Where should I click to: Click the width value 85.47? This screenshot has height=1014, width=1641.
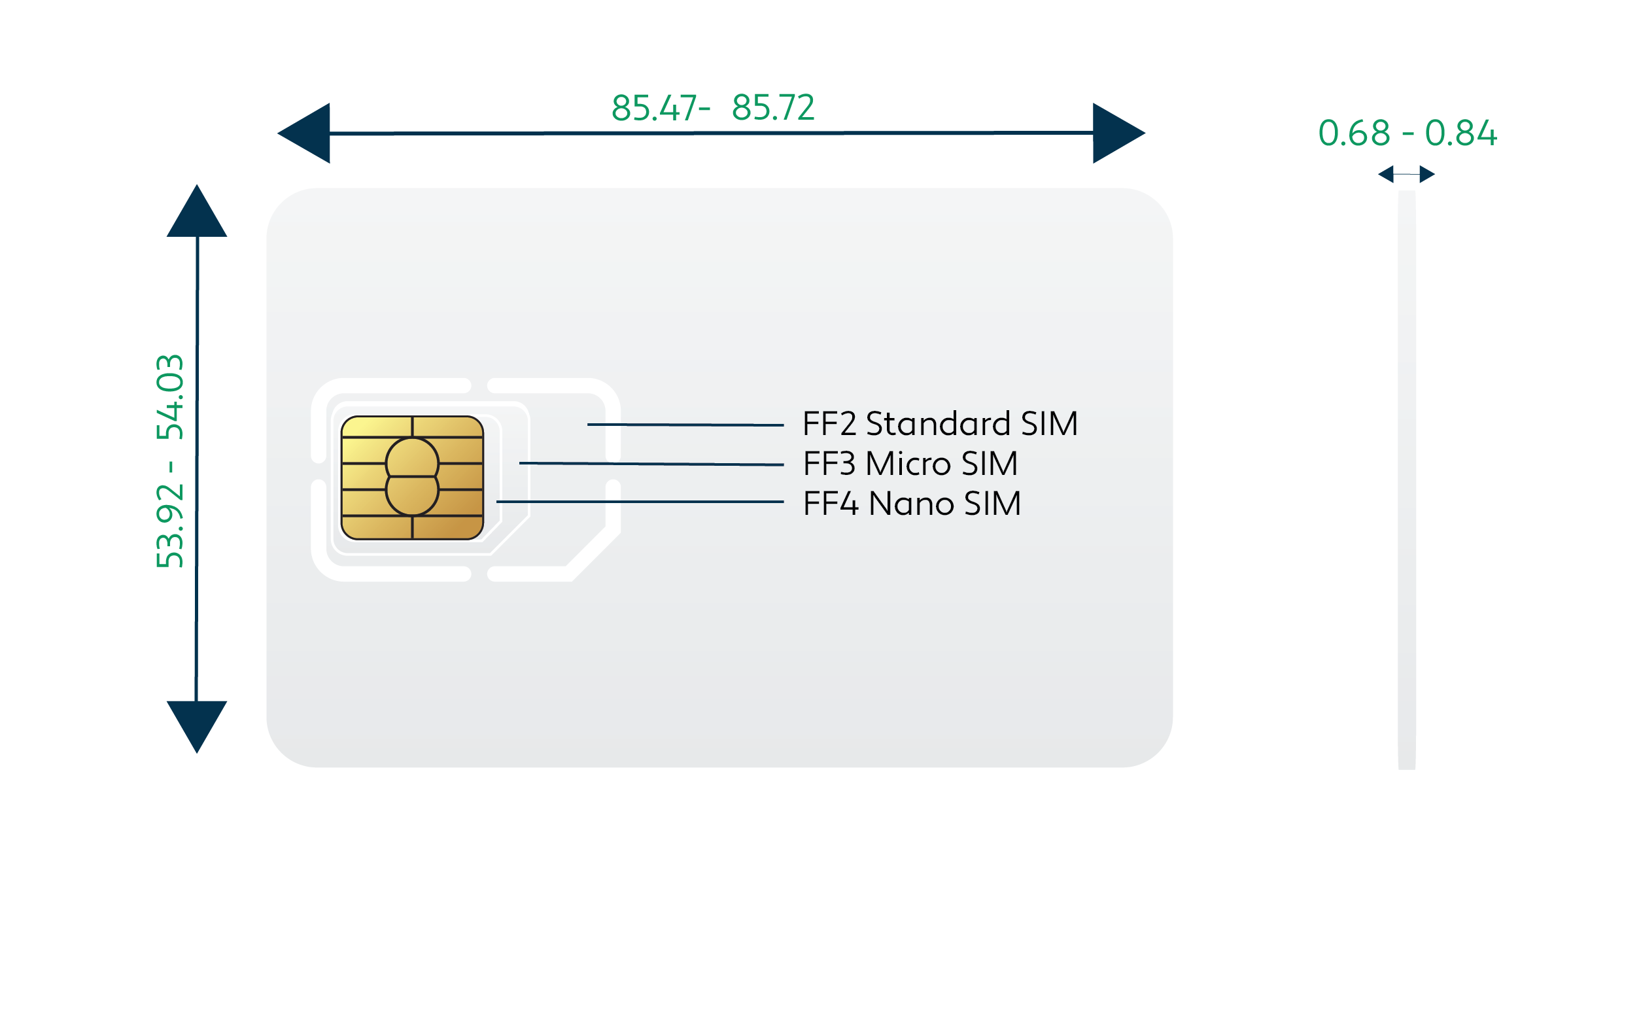click(653, 108)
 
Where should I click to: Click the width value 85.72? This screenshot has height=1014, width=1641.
click(773, 108)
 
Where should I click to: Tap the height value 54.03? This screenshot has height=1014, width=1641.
click(169, 397)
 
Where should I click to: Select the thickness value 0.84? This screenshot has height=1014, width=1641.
click(1460, 133)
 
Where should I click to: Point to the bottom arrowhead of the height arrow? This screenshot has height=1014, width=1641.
click(196, 724)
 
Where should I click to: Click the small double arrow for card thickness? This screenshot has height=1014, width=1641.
click(1406, 175)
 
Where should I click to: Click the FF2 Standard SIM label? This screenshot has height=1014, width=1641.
click(940, 424)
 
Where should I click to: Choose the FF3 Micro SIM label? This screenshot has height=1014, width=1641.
click(910, 464)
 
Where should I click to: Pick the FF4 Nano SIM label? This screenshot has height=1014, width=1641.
click(912, 504)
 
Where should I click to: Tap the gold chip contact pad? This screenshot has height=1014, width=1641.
click(412, 478)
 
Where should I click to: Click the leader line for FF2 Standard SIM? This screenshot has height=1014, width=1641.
click(685, 425)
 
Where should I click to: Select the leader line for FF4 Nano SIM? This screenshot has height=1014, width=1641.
click(640, 502)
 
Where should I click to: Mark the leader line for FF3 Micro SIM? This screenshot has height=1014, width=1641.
click(651, 463)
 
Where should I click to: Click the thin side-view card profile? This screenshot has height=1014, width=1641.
click(1406, 480)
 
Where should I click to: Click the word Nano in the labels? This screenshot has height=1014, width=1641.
click(911, 504)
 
